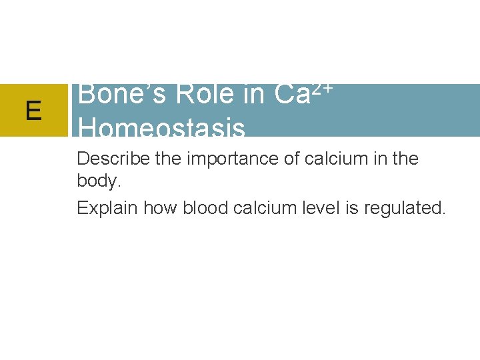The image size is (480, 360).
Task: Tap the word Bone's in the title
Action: tap(119, 95)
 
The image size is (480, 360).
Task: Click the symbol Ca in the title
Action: tap(291, 95)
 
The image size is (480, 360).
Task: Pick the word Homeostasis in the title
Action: tap(161, 127)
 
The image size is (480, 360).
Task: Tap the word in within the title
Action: tap(253, 95)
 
